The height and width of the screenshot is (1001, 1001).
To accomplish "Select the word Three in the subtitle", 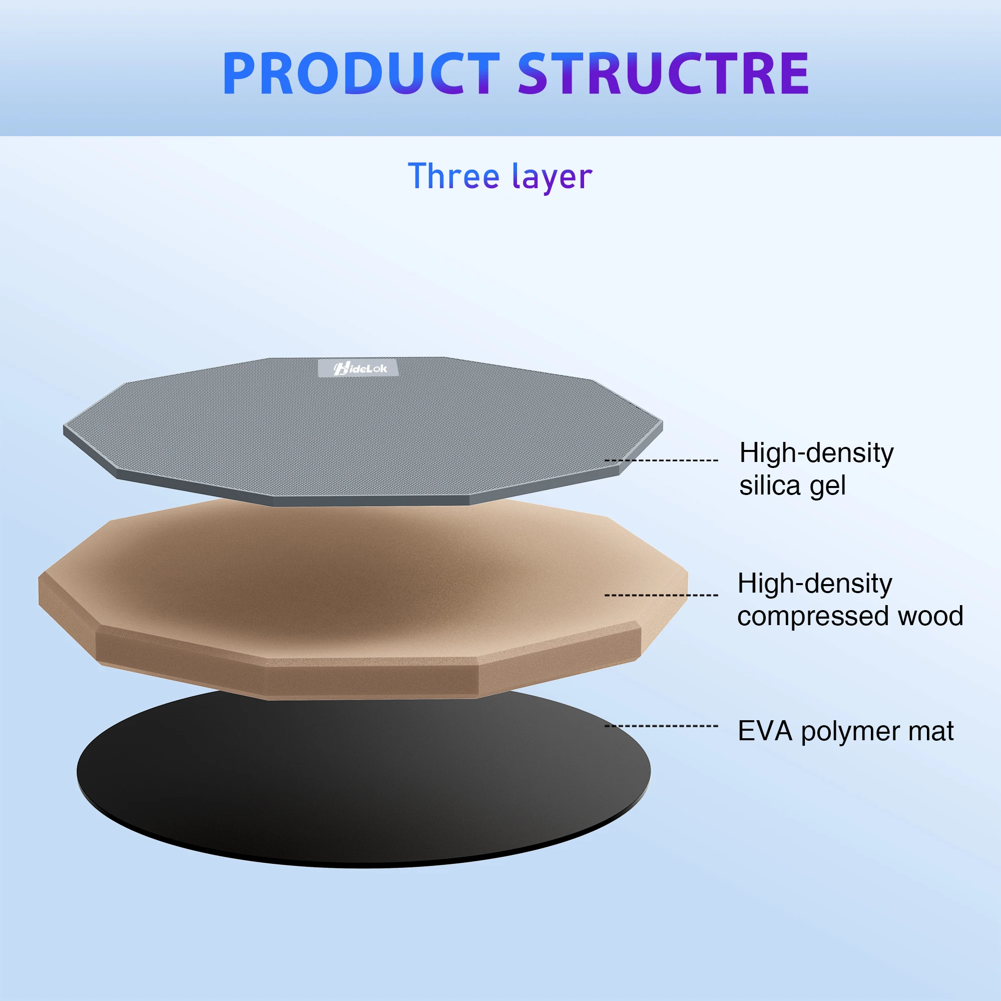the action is [453, 176].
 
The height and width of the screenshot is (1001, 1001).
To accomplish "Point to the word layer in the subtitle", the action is [553, 178].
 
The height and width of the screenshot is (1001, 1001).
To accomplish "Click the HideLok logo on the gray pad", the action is [358, 368].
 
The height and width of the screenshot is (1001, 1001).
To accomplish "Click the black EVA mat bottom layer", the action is [363, 787].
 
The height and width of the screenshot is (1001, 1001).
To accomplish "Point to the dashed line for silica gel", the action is [661, 460].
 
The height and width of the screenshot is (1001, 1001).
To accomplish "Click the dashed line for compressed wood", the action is [661, 595].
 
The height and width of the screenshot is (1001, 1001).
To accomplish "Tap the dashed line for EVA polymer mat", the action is [661, 726].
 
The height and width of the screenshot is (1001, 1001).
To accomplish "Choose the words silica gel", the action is [792, 486].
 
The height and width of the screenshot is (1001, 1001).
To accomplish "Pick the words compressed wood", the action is [850, 617].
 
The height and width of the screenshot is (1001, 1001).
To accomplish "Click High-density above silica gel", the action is [816, 453].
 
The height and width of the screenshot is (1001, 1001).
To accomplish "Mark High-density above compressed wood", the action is [815, 584].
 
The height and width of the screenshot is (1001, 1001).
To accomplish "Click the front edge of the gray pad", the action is [371, 500].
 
